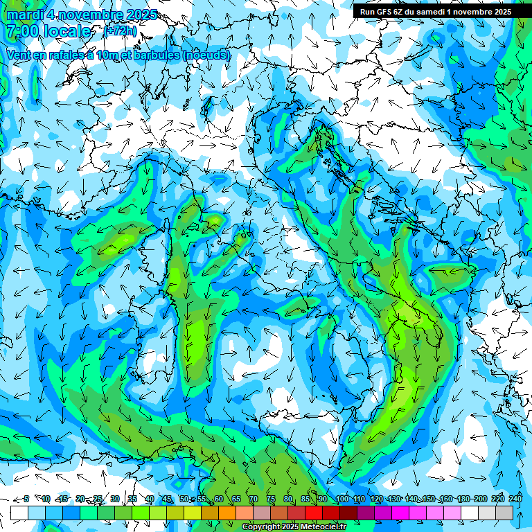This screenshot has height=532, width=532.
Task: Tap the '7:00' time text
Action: [x=21, y=32]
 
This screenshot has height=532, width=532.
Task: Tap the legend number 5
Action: [x=26, y=499]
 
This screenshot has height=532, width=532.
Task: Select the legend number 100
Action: [x=342, y=499]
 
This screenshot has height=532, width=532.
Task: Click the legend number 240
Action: [x=515, y=499]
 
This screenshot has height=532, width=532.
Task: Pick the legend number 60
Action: [x=218, y=499]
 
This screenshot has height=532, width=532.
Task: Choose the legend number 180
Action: [x=463, y=499]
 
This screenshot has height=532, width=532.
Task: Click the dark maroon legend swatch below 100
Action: [x=348, y=513]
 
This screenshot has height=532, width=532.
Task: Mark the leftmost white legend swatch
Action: [x=19, y=513]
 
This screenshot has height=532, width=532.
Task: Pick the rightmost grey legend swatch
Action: [x=504, y=513]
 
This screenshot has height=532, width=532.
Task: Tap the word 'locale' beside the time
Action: [x=66, y=32]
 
